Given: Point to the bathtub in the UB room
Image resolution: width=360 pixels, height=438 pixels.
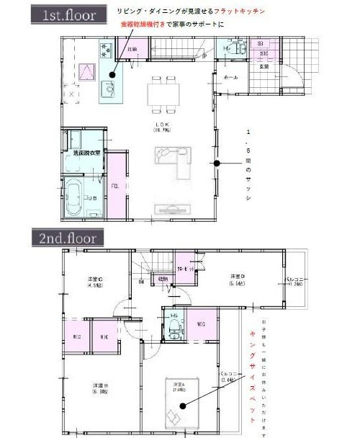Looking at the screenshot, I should coord(76,198).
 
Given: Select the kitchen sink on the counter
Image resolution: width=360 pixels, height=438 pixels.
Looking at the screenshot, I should coord(107,90).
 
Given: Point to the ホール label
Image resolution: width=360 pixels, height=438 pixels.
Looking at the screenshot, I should coord(232,76).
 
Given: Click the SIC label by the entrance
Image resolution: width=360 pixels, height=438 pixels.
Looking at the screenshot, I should coord(264,54).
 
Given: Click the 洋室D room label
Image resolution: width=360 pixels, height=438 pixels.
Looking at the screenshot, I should coord(236,280).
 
